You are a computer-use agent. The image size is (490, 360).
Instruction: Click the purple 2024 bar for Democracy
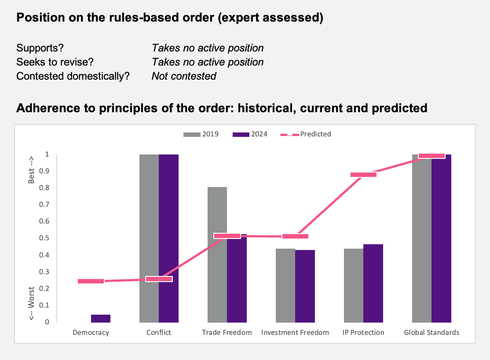[101, 318]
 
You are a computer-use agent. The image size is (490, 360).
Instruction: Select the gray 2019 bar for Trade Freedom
[217, 254]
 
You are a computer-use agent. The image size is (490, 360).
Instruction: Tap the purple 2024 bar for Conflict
[169, 239]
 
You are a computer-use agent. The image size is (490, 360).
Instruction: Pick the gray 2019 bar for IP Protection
[354, 286]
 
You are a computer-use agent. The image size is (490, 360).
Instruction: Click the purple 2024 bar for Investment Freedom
[305, 286]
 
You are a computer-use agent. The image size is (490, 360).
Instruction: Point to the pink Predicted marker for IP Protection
[363, 175]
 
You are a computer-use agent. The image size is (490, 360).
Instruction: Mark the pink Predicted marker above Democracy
[91, 281]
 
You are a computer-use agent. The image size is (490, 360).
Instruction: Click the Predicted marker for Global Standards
[431, 156]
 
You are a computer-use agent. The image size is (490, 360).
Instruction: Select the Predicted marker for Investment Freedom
[295, 236]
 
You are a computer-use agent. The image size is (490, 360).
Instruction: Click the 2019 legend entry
[201, 134]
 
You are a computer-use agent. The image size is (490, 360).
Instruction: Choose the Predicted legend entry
[306, 134]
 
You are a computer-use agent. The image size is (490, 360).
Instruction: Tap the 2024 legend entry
[250, 134]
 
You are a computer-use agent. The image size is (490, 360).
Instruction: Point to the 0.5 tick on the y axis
[44, 238]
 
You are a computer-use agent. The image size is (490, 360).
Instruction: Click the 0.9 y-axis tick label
[44, 171]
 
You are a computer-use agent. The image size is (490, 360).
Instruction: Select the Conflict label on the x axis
[159, 332]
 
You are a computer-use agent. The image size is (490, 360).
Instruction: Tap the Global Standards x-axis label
[431, 332]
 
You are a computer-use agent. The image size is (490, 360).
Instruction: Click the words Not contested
[184, 76]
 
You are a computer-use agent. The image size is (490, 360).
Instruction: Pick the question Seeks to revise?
[55, 62]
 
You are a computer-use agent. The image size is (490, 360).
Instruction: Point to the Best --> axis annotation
[31, 170]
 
